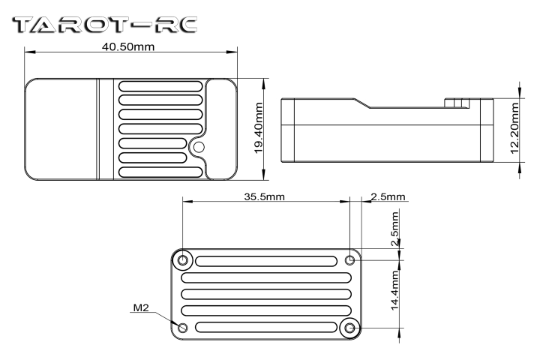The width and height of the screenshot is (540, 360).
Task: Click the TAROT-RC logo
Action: [105, 25]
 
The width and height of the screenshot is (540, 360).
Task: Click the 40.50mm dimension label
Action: [128, 46]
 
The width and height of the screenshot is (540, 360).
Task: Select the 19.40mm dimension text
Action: [258, 128]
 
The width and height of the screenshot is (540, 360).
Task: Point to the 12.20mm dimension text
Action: [514, 128]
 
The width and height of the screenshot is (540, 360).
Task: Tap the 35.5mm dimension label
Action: [264, 196]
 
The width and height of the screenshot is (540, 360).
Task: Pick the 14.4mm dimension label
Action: [394, 290]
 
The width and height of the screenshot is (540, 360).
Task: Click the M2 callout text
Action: [141, 307]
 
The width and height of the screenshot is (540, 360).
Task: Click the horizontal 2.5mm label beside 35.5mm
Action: [388, 196]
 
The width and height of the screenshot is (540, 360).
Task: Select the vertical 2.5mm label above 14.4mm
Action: [394, 229]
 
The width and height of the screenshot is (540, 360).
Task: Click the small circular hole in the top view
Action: [199, 148]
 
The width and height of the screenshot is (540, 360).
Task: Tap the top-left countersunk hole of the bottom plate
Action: [182, 260]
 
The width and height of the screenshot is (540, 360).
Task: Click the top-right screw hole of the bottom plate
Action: [350, 260]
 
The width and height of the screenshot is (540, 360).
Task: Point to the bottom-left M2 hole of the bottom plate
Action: [182, 328]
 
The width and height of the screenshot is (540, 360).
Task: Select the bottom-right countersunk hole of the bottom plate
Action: [350, 328]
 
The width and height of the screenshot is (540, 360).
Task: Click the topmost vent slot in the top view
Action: [160, 86]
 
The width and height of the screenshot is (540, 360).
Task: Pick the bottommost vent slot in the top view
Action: [160, 172]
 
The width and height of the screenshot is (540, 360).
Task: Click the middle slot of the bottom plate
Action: [266, 294]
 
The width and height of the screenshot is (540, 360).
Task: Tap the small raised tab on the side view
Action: [457, 103]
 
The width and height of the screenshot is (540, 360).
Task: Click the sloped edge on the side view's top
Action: [362, 103]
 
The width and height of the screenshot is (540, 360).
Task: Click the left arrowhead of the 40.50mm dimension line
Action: [30, 52]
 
